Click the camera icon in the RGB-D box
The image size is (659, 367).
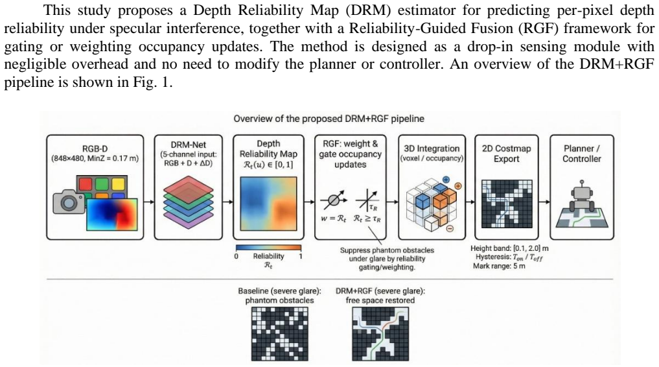coord(69,202)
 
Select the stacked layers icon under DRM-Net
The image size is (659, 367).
coord(189,202)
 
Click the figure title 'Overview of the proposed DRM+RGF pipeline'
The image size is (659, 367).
coord(329,119)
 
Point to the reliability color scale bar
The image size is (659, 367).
coord(268,248)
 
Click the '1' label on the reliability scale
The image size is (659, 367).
coord(301,255)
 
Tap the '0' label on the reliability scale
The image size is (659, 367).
coord(237,256)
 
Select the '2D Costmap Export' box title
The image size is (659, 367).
coord(507,154)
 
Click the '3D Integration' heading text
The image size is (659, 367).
coord(432,148)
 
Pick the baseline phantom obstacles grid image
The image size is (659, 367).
coord(280,333)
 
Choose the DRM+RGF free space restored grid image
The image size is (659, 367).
coord(380,333)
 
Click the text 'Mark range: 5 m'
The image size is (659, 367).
coord(499,266)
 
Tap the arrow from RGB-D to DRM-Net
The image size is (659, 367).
coord(149,202)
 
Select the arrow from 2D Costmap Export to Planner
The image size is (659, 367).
coord(544,202)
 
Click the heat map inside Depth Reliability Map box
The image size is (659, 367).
coord(268,204)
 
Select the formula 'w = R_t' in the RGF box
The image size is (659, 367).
coord(333,219)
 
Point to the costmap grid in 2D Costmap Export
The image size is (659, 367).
coord(507,204)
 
